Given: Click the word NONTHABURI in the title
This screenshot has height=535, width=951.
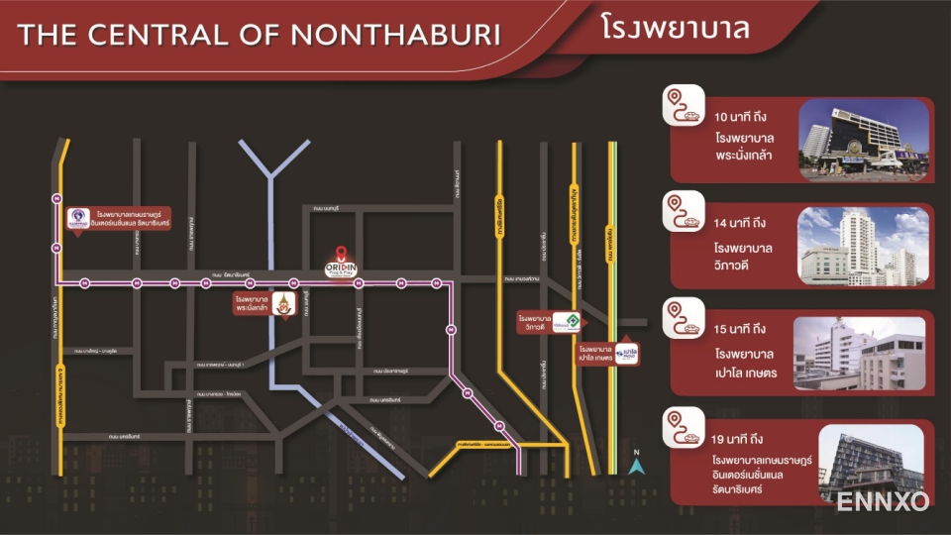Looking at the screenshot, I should pyautogui.click(x=397, y=35).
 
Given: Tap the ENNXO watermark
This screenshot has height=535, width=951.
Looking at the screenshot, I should pyautogui.click(x=883, y=501).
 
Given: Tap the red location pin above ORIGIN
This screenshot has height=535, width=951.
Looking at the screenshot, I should pyautogui.click(x=341, y=252).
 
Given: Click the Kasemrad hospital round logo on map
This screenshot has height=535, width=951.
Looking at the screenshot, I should pyautogui.click(x=78, y=217).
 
